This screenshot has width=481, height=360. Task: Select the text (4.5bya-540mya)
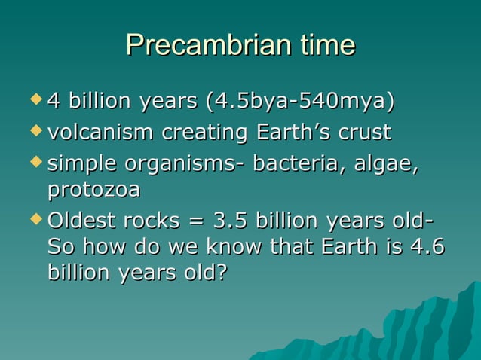pyautogui.click(x=295, y=101)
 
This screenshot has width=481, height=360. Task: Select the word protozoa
pyautogui.click(x=93, y=190)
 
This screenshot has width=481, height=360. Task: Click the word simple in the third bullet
pyautogui.click(x=82, y=163)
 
